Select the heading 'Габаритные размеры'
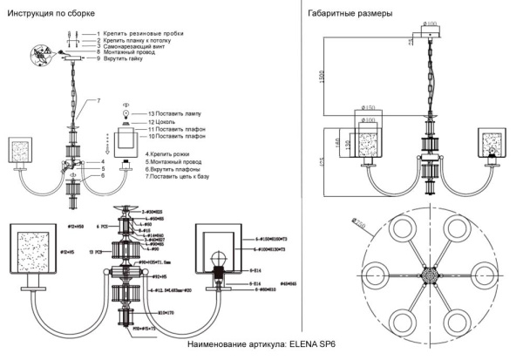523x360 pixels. click(349, 14)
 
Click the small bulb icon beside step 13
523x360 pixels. click(125, 114)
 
